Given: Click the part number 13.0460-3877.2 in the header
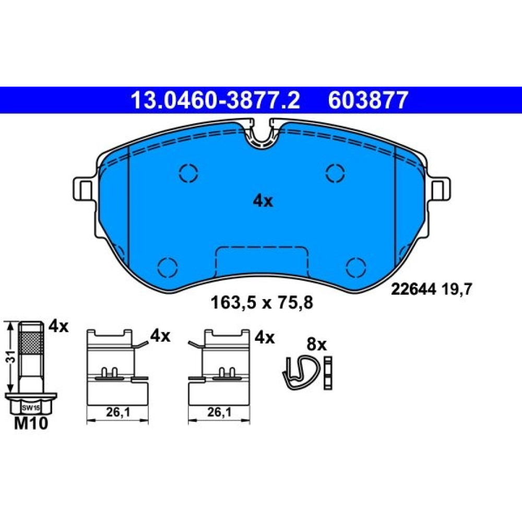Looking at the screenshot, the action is (x=216, y=100).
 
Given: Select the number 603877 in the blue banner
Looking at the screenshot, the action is (x=368, y=100).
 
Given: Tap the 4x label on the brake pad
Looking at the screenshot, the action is (x=263, y=201).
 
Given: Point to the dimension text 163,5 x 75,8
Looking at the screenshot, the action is (x=262, y=303).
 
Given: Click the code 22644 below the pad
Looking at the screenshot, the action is (x=413, y=289).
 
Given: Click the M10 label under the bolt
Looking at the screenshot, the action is (x=31, y=423).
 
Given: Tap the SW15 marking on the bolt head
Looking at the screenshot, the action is (x=31, y=408).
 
